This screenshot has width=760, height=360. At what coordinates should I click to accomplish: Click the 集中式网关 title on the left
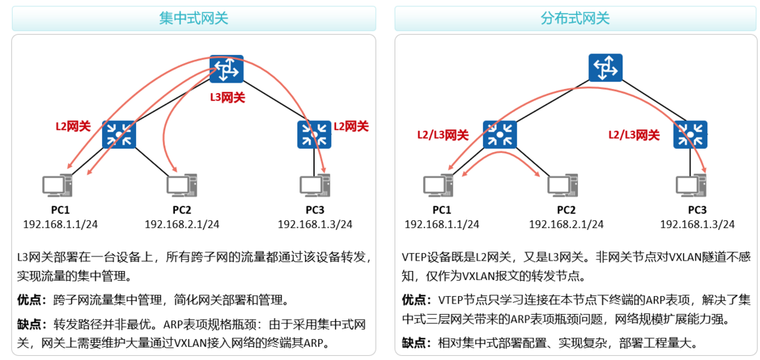(x=193, y=19)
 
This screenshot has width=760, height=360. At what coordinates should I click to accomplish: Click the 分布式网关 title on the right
(x=575, y=19)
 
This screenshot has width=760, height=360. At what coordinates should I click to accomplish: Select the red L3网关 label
(x=228, y=98)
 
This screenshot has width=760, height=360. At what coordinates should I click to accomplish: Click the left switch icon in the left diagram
(x=119, y=135)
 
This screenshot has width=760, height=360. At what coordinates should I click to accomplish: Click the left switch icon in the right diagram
(x=499, y=135)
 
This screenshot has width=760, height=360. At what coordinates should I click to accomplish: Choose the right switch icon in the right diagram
(x=690, y=135)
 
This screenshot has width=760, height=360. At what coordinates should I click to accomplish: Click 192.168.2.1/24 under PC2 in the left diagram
(x=182, y=224)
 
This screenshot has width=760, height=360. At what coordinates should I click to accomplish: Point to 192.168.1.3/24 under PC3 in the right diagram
(x=697, y=224)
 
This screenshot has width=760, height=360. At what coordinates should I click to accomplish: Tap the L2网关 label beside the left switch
(x=73, y=126)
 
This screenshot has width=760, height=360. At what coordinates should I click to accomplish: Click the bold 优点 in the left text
(x=31, y=300)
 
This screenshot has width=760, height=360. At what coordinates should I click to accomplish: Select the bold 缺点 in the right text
(x=416, y=343)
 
